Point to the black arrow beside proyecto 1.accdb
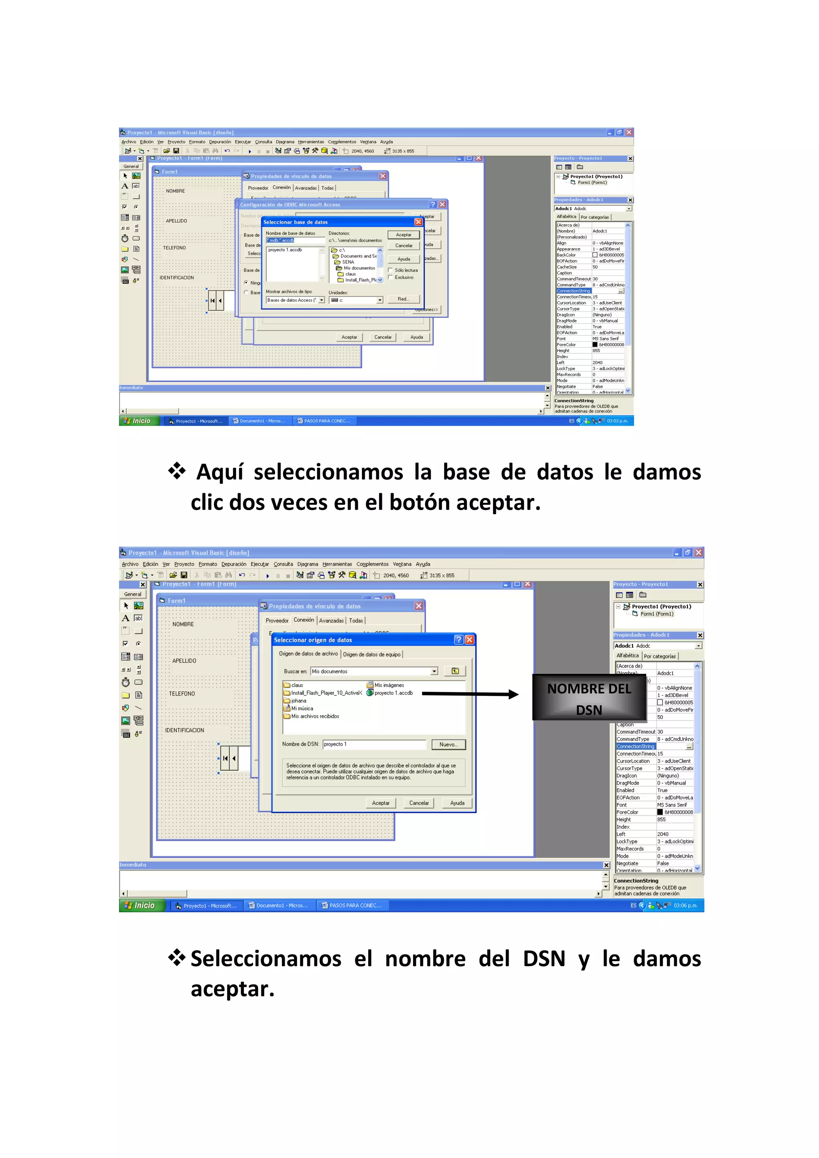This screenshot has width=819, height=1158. coord(470,694)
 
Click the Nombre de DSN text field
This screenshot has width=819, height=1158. coord(374,744)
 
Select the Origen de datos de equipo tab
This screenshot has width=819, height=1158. coord(372,655)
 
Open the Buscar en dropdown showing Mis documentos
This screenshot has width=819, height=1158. coord(434,671)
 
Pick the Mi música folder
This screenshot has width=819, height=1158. coord(302,709)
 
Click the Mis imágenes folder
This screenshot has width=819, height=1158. coord(389,685)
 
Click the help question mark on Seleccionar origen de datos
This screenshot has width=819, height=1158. coord(458,640)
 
